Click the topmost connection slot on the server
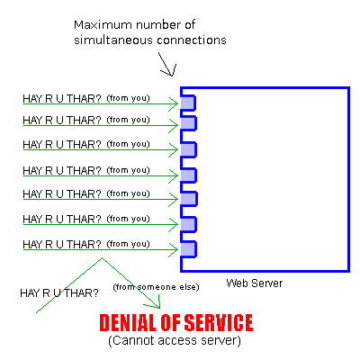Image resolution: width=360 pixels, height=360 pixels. (188, 103)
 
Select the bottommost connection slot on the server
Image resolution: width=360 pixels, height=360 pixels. (188, 249)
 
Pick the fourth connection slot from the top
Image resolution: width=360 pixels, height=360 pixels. (188, 175)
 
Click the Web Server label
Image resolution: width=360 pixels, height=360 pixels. (255, 283)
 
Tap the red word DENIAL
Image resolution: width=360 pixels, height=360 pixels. (128, 323)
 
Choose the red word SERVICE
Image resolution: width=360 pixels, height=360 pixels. (219, 323)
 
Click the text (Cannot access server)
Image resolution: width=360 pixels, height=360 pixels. (175, 340)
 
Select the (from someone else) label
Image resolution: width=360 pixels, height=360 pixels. (156, 287)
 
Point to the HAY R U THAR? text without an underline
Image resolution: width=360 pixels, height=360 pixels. (59, 293)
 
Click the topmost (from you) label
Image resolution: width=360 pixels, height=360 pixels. (128, 98)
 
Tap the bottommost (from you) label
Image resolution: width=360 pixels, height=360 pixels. (128, 244)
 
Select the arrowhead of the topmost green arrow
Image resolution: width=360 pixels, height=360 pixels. (174, 104)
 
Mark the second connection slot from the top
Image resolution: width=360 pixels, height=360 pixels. (188, 123)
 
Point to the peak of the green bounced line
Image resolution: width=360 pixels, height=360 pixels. (103, 257)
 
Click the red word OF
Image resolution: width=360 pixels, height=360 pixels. (170, 323)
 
